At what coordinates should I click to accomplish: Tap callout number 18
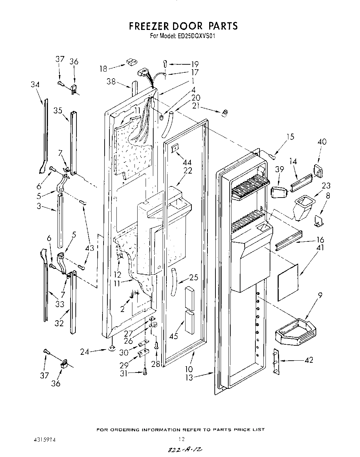[103, 69]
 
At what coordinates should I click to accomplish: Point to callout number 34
[35, 85]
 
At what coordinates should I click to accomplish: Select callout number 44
[187, 162]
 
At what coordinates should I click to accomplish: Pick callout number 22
[188, 171]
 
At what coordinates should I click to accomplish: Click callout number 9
[320, 296]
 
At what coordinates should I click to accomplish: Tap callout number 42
[308, 360]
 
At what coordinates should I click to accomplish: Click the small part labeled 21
[225, 112]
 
